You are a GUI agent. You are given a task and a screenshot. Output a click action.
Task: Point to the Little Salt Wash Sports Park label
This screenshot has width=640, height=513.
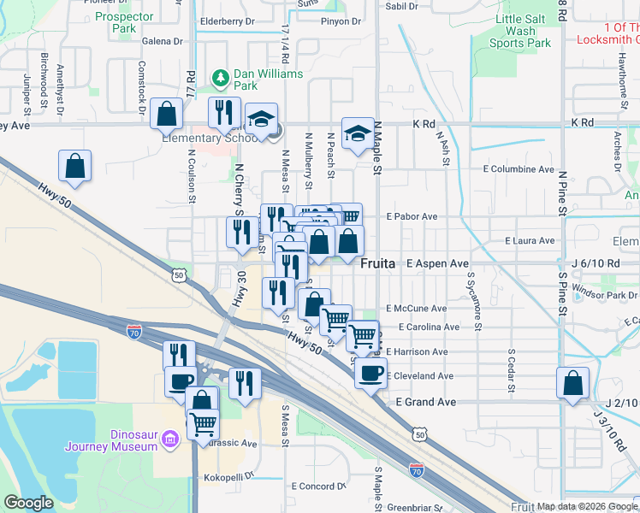[x=523, y=30]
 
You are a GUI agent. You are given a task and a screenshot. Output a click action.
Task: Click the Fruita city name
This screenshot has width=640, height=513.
[x=377, y=264]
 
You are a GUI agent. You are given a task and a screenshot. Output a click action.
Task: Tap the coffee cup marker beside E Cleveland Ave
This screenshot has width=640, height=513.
[x=371, y=373]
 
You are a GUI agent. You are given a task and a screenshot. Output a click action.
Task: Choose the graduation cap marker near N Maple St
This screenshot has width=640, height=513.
[x=358, y=133]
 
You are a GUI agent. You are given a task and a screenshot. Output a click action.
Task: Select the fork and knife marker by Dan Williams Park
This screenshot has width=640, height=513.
[x=224, y=113]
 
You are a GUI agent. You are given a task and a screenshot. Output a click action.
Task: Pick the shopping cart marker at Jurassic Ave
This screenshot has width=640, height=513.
[x=203, y=424]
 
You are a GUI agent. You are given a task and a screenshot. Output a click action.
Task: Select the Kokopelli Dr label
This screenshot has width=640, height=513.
[x=224, y=475]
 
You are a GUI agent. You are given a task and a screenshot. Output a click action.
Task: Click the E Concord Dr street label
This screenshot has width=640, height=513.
[x=317, y=486]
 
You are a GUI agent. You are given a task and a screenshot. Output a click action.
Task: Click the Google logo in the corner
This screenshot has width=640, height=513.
[x=29, y=503]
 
